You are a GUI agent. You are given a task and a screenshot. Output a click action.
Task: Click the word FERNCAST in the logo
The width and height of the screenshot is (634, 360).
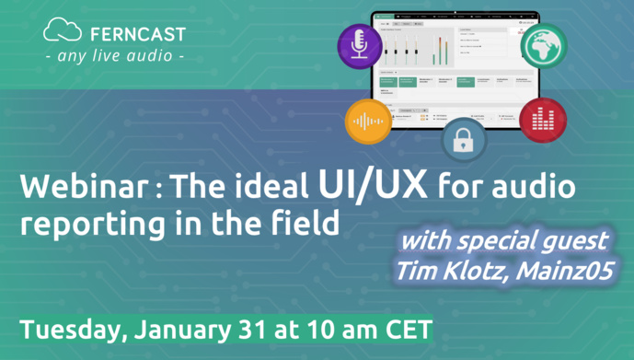click(x=138, y=34)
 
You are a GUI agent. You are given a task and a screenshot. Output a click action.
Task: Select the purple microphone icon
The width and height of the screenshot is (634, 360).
click(x=360, y=45)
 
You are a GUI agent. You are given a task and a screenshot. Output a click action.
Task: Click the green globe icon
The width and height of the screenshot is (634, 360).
click(x=542, y=44)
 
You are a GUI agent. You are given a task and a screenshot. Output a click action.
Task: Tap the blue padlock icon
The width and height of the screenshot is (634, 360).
click(x=463, y=140)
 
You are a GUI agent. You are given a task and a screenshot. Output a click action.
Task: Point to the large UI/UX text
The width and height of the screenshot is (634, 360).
click(x=373, y=184)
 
